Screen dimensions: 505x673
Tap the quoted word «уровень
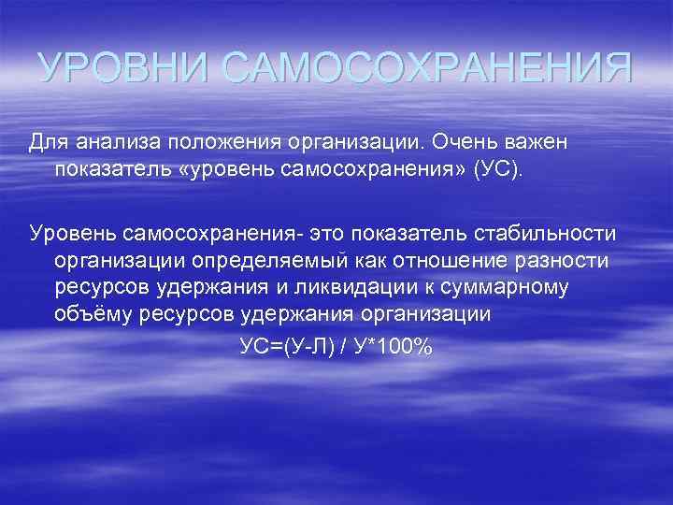pos(224,171)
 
